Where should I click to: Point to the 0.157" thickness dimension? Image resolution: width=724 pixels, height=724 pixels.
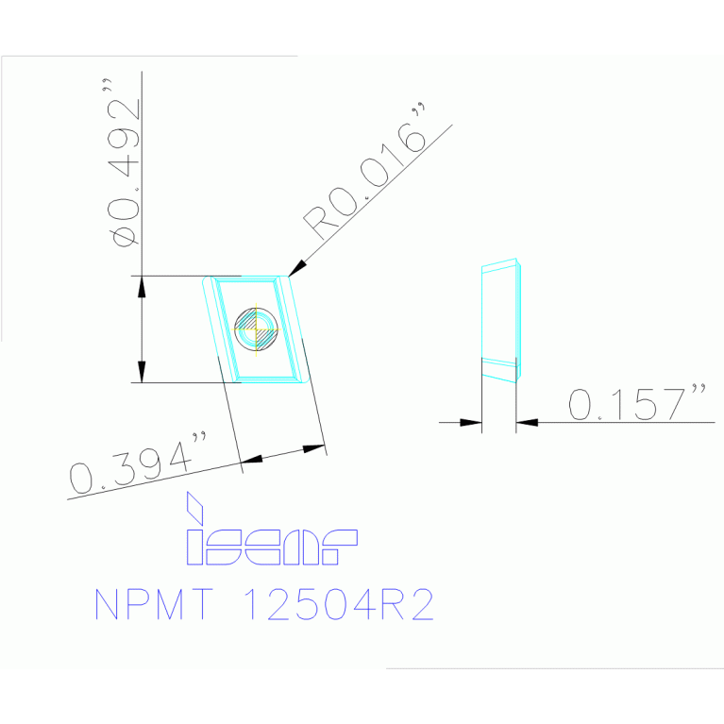[638, 403]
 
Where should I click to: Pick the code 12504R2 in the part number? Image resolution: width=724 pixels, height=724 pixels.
[340, 605]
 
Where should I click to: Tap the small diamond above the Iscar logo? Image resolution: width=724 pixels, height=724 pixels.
[195, 507]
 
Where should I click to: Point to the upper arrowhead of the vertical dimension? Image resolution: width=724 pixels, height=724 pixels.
[142, 284]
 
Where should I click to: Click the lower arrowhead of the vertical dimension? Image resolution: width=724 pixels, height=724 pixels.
[142, 374]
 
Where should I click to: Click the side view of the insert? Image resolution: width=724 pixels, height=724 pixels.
[500, 321]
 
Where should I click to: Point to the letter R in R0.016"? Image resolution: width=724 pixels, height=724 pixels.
[315, 225]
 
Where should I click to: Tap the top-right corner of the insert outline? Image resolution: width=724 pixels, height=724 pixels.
[290, 277]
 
